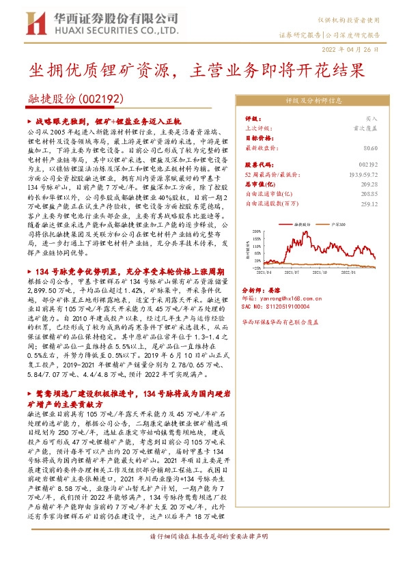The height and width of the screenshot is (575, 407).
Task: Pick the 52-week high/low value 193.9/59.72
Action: click(363, 174)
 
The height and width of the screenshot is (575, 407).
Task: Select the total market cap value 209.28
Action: click(368, 184)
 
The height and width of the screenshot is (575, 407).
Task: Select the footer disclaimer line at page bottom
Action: click(203, 555)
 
